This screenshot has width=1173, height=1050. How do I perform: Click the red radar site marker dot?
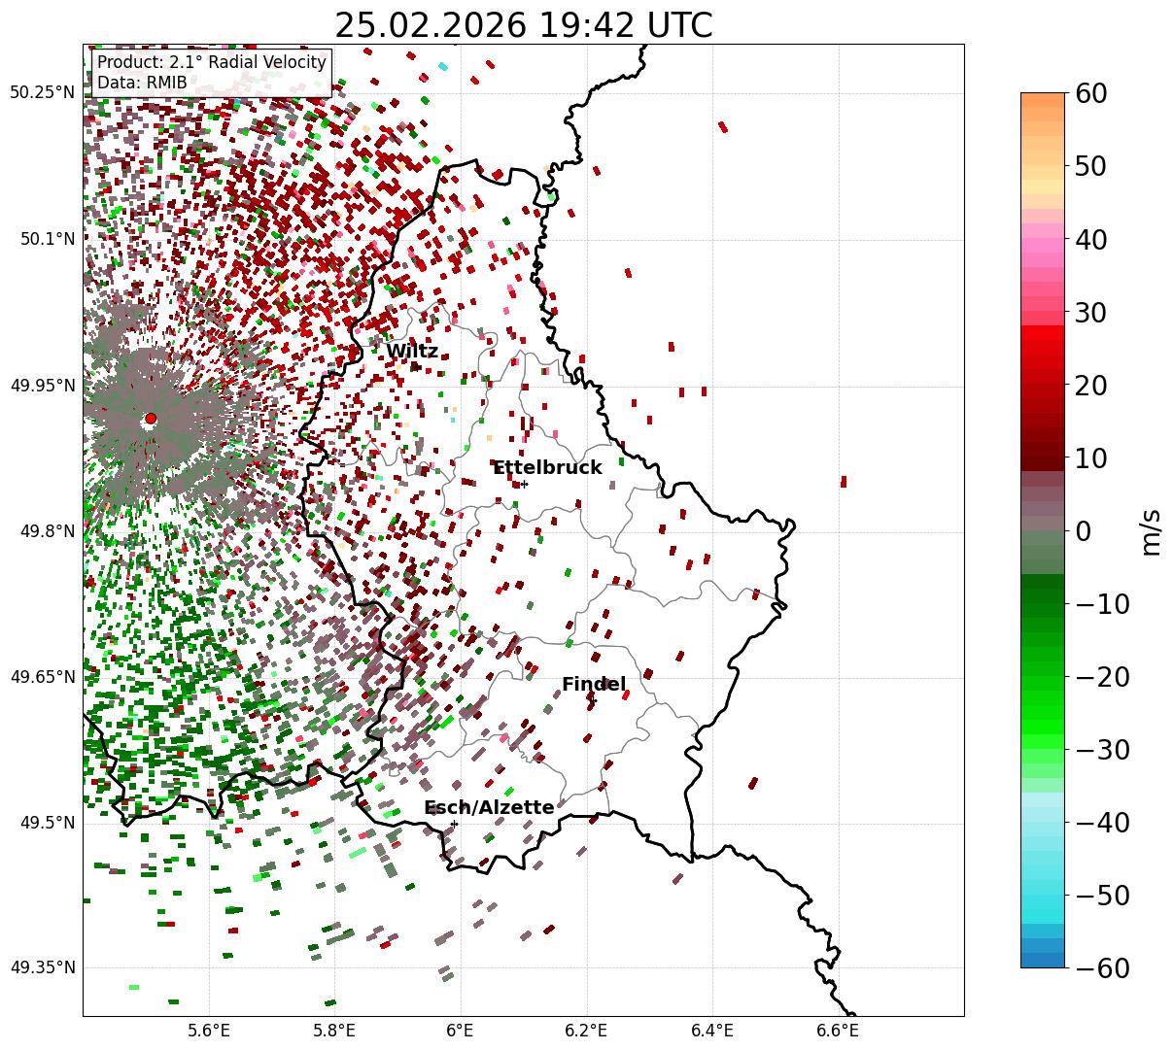point(151,419)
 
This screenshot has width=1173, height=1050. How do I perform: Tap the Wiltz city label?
point(411,352)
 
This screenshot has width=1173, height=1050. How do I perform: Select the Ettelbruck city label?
point(547,468)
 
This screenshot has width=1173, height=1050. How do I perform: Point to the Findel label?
point(593,685)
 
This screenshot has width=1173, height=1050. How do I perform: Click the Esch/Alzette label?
point(489,808)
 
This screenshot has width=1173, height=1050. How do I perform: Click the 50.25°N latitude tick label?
point(42,93)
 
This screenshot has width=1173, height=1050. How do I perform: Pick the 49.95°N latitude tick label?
point(42,386)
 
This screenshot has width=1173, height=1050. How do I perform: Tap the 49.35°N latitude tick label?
point(42,967)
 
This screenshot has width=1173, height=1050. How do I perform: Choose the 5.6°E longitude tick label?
point(209,1031)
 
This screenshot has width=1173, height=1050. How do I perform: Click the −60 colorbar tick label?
point(1103,968)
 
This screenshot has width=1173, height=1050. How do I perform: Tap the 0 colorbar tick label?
point(1083,531)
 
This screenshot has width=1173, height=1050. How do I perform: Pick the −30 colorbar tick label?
point(1103,750)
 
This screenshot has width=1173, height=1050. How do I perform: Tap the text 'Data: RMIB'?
point(142,83)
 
